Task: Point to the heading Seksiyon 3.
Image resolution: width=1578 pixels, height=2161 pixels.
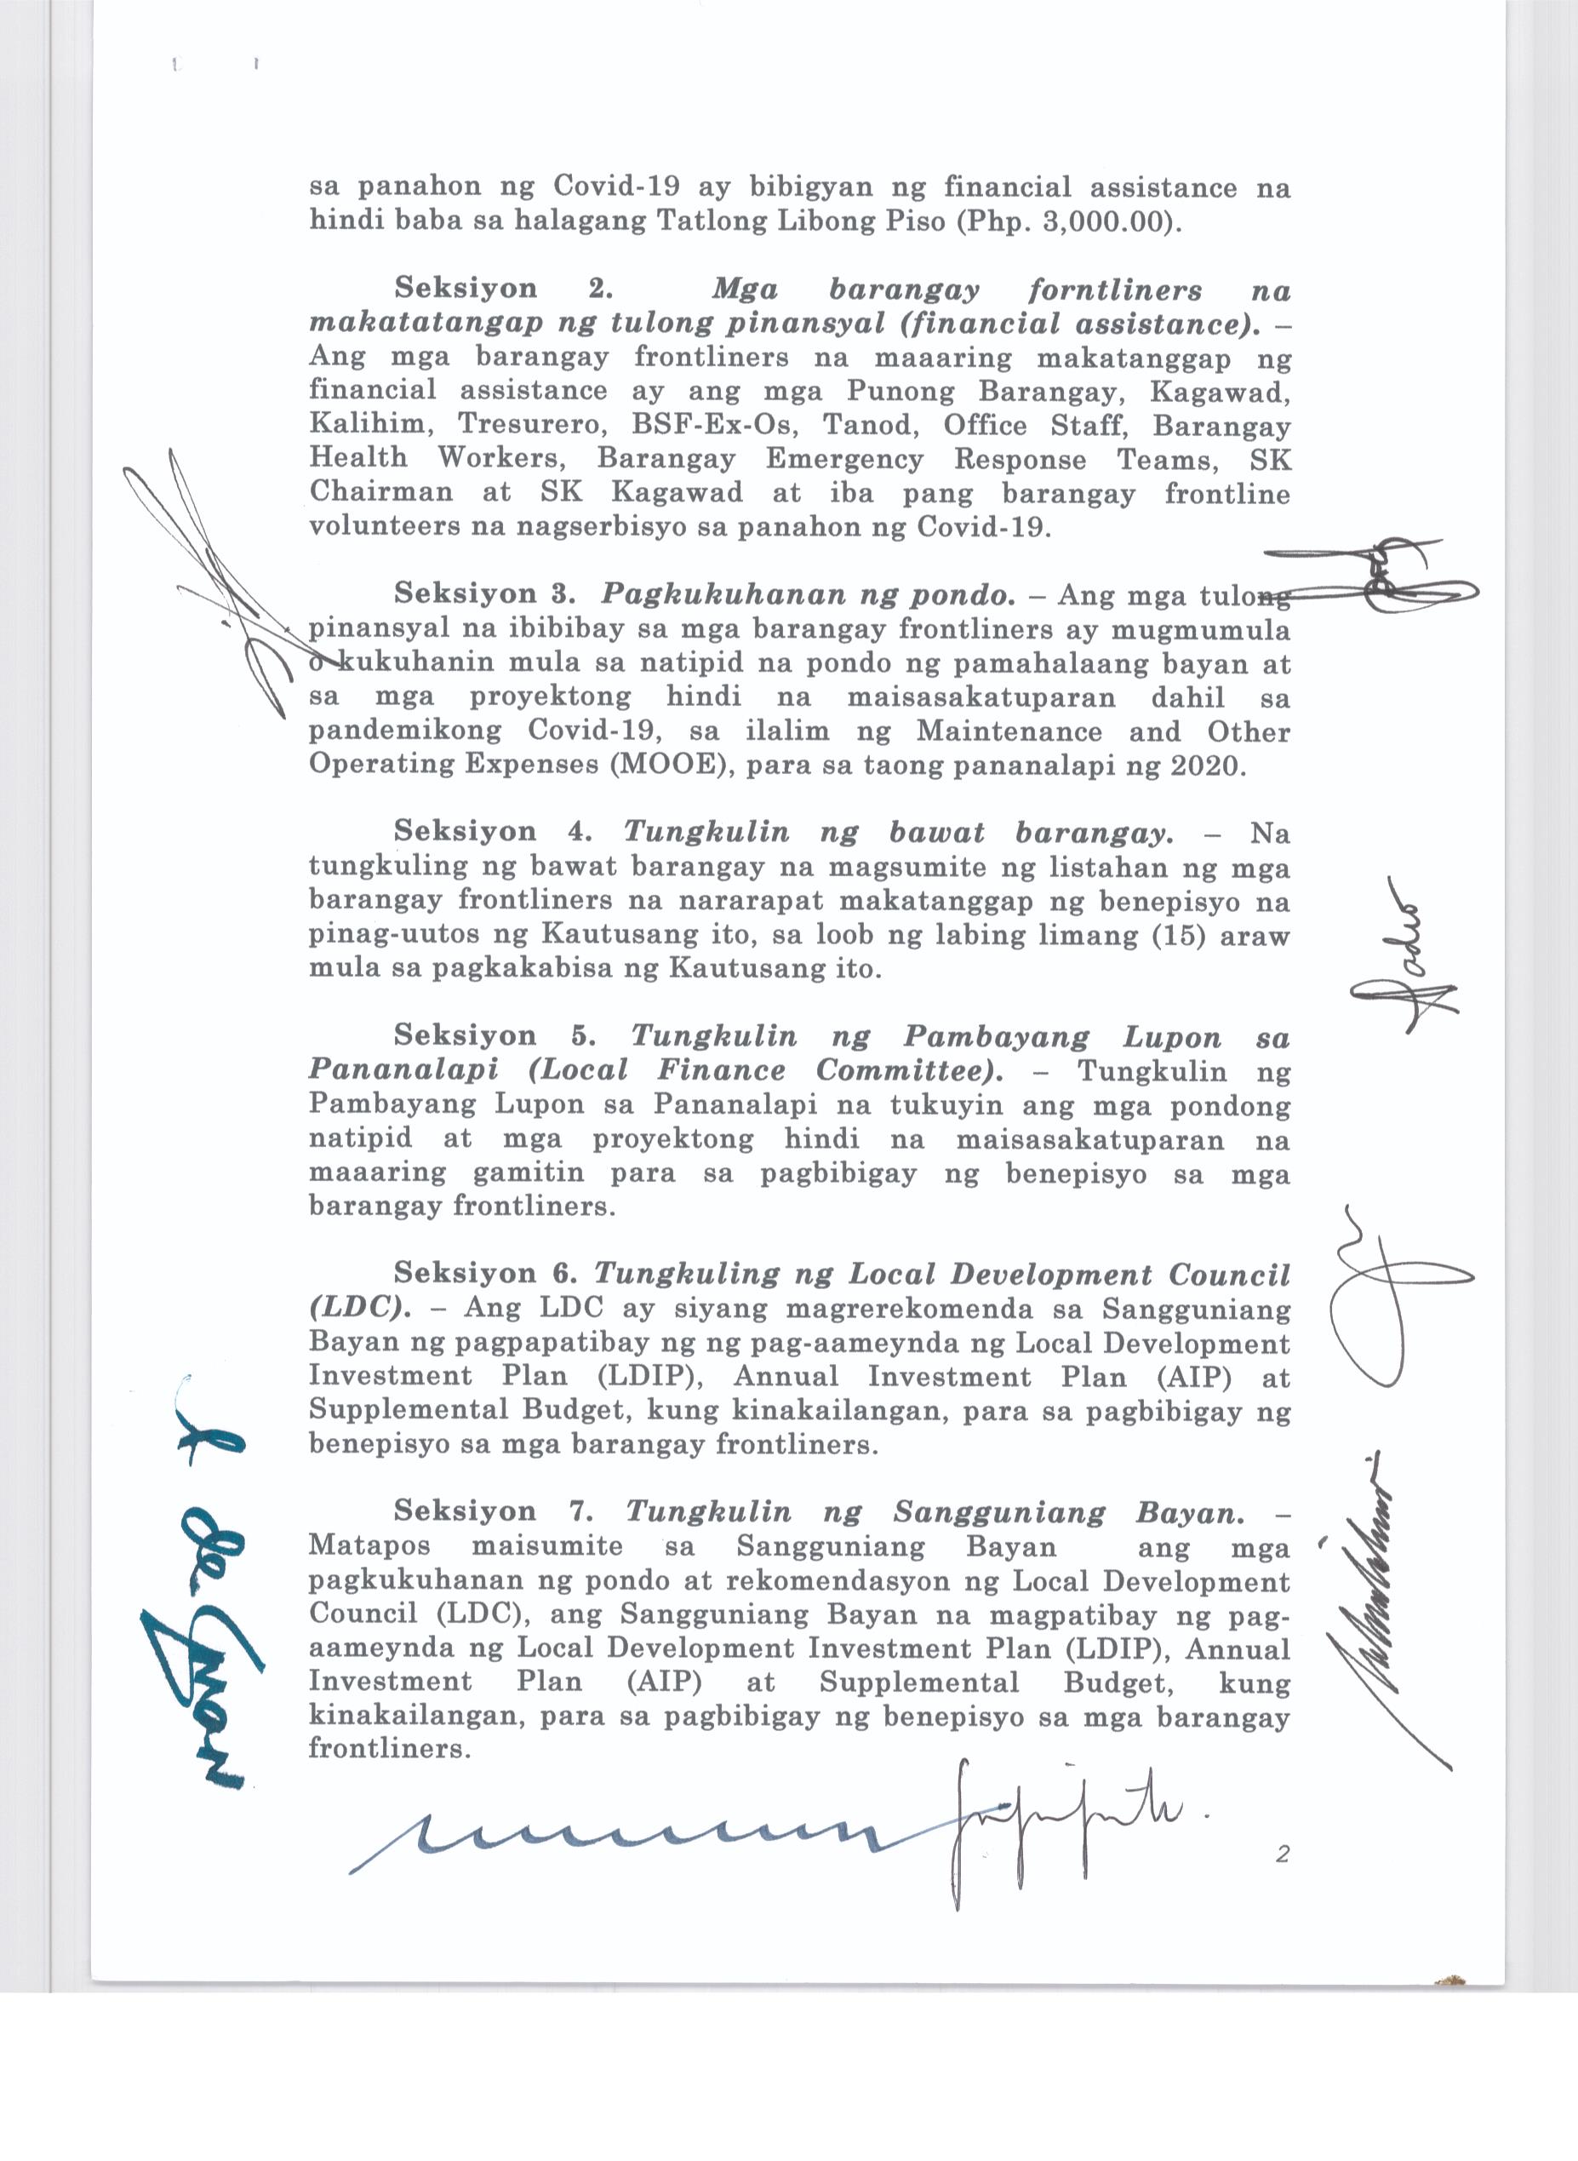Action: tap(484, 593)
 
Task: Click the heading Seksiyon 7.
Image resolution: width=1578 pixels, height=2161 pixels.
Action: tap(493, 1510)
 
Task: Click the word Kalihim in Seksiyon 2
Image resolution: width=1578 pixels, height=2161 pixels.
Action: tap(366, 425)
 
